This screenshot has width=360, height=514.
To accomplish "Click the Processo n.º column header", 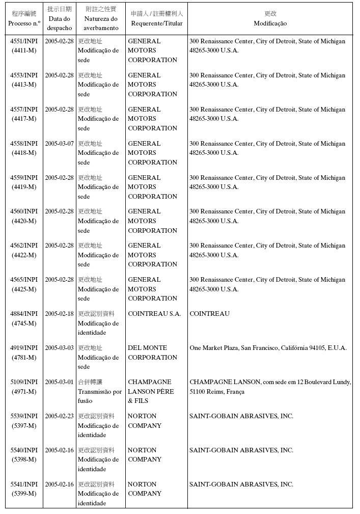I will [x=24, y=19].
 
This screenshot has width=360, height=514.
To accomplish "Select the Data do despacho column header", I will [x=60, y=19].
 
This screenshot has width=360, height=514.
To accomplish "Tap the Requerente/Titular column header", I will [x=157, y=19].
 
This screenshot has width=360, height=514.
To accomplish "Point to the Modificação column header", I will [x=270, y=19].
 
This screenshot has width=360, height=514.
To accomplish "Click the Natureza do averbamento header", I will [x=101, y=19].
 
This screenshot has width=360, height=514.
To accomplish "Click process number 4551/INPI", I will [x=24, y=41].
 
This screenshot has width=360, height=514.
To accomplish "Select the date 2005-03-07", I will [x=59, y=144].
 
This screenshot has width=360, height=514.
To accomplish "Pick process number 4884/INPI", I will [x=24, y=314].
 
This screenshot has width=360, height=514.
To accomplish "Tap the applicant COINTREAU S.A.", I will [x=154, y=314].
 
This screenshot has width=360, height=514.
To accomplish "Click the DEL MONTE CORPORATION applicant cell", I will [x=152, y=353].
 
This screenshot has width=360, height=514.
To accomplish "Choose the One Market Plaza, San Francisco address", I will [x=268, y=348].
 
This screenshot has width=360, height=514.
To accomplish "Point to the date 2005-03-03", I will [x=59, y=348].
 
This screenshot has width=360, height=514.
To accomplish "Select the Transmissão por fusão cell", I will [x=100, y=391].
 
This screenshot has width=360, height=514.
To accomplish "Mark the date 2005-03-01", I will [x=59, y=382].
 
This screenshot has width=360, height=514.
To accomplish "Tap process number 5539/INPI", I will [x=24, y=416].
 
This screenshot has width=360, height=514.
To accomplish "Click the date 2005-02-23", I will [x=59, y=416].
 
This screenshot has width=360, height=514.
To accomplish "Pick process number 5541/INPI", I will [x=24, y=484].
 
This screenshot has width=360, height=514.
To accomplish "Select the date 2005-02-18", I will [x=59, y=314].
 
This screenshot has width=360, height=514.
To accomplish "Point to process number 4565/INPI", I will [x=24, y=280].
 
